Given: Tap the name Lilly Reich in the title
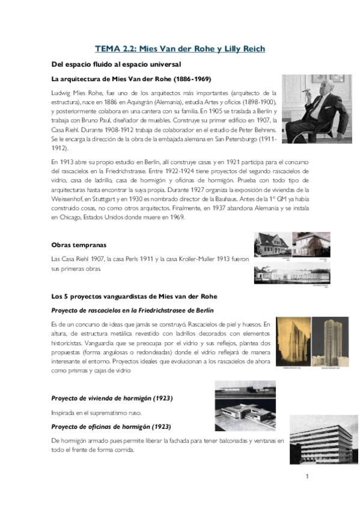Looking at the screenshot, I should click(243, 49).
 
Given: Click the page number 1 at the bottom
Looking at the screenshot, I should click(307, 477).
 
